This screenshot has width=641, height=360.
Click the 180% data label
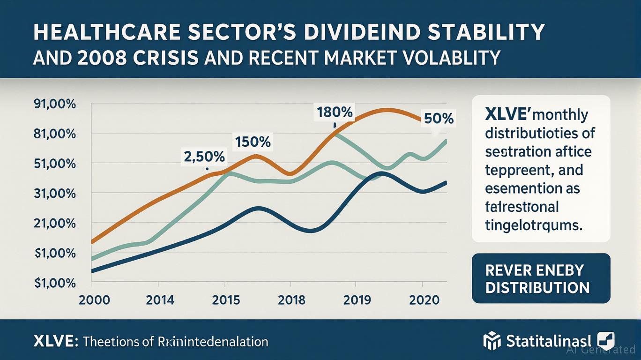point(335,113)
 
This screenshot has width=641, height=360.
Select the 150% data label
point(252,142)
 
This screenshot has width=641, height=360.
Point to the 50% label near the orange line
point(438,119)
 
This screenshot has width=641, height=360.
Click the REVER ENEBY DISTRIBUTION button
point(541,278)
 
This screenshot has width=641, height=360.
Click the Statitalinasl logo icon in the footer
point(492,341)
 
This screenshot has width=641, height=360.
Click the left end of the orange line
point(91,242)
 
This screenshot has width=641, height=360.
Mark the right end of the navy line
point(446,182)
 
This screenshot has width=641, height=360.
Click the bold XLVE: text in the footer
point(56,341)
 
